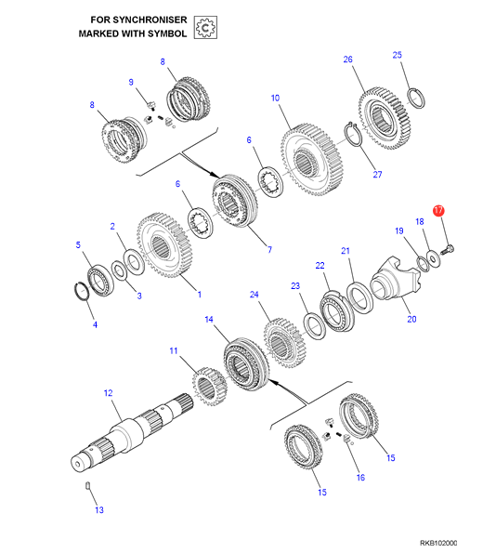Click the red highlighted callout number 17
point(438,211)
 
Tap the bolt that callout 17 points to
point(448,249)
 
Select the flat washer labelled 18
point(433,259)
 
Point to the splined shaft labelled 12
point(132,431)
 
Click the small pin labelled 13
point(88,485)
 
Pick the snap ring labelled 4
point(84,292)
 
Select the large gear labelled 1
point(164,245)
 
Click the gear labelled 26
point(385,118)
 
